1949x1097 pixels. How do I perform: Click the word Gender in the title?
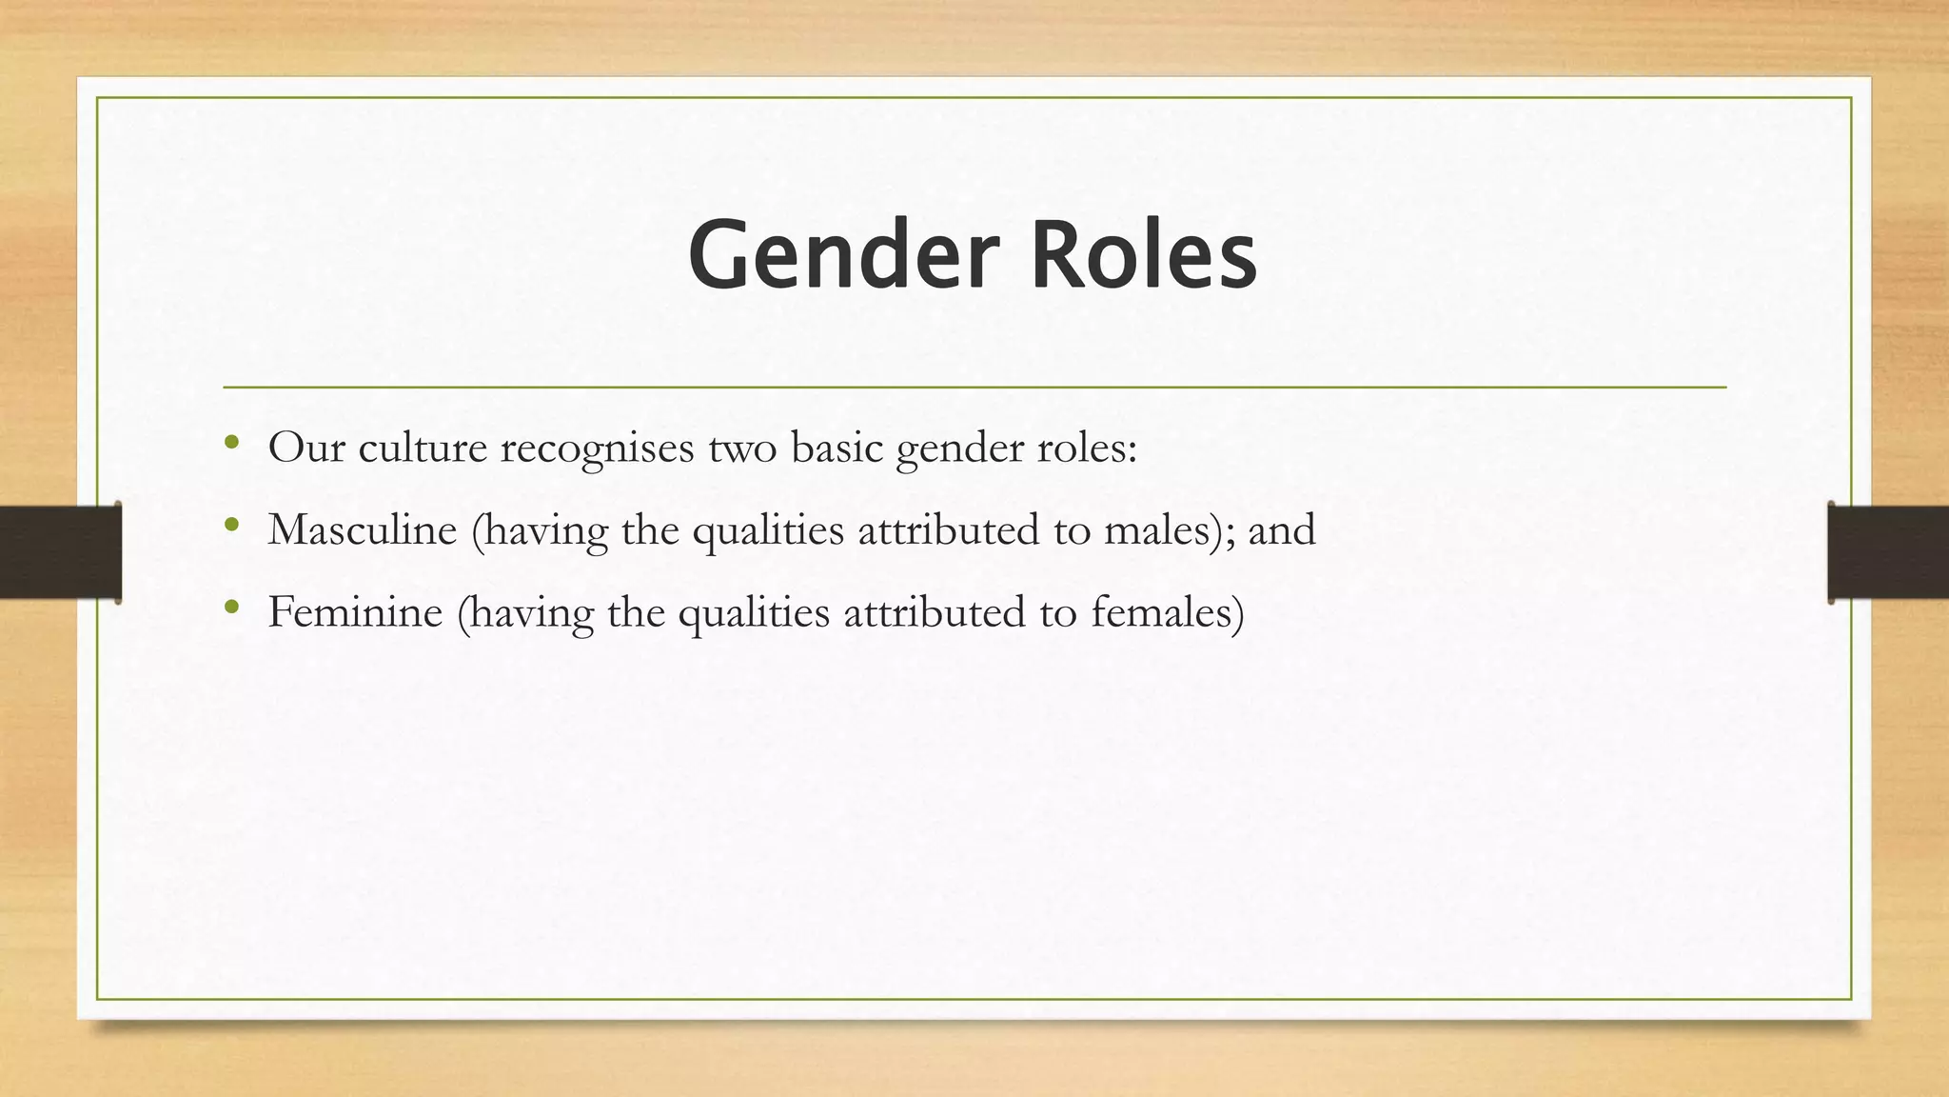point(843,255)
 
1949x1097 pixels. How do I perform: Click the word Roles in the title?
point(1144,255)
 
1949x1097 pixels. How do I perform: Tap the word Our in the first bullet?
point(305,448)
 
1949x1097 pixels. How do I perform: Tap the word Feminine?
point(355,611)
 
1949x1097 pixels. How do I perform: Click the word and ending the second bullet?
point(1281,529)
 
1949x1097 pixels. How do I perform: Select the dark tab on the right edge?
point(1888,552)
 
